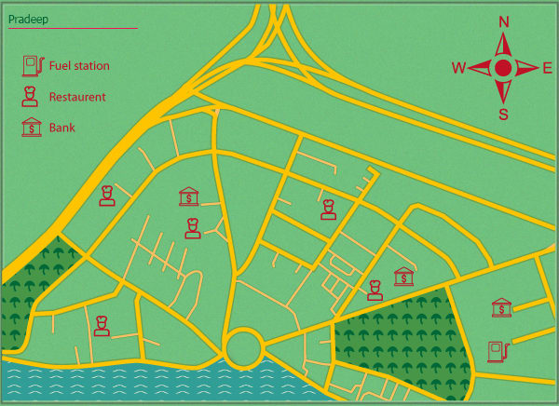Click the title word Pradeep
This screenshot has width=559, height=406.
[28, 19]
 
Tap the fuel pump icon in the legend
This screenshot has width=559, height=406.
[32, 65]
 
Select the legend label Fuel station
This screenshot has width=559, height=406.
[79, 66]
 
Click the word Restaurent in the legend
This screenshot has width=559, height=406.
[77, 97]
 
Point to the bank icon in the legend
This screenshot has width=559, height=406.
[32, 128]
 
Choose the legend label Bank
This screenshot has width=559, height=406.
[62, 129]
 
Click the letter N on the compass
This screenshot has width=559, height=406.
[504, 21]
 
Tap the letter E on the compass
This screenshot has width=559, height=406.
[548, 68]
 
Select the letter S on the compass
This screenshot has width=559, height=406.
[504, 115]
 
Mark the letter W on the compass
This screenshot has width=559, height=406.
[458, 68]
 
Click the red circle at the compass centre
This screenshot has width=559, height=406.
[503, 68]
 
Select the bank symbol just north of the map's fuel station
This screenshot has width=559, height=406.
[501, 308]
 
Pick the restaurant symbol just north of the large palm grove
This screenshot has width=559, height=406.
[375, 290]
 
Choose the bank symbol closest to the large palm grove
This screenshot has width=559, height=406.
[404, 277]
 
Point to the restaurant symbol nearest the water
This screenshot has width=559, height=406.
[102, 324]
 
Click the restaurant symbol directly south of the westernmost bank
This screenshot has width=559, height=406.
[192, 227]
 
